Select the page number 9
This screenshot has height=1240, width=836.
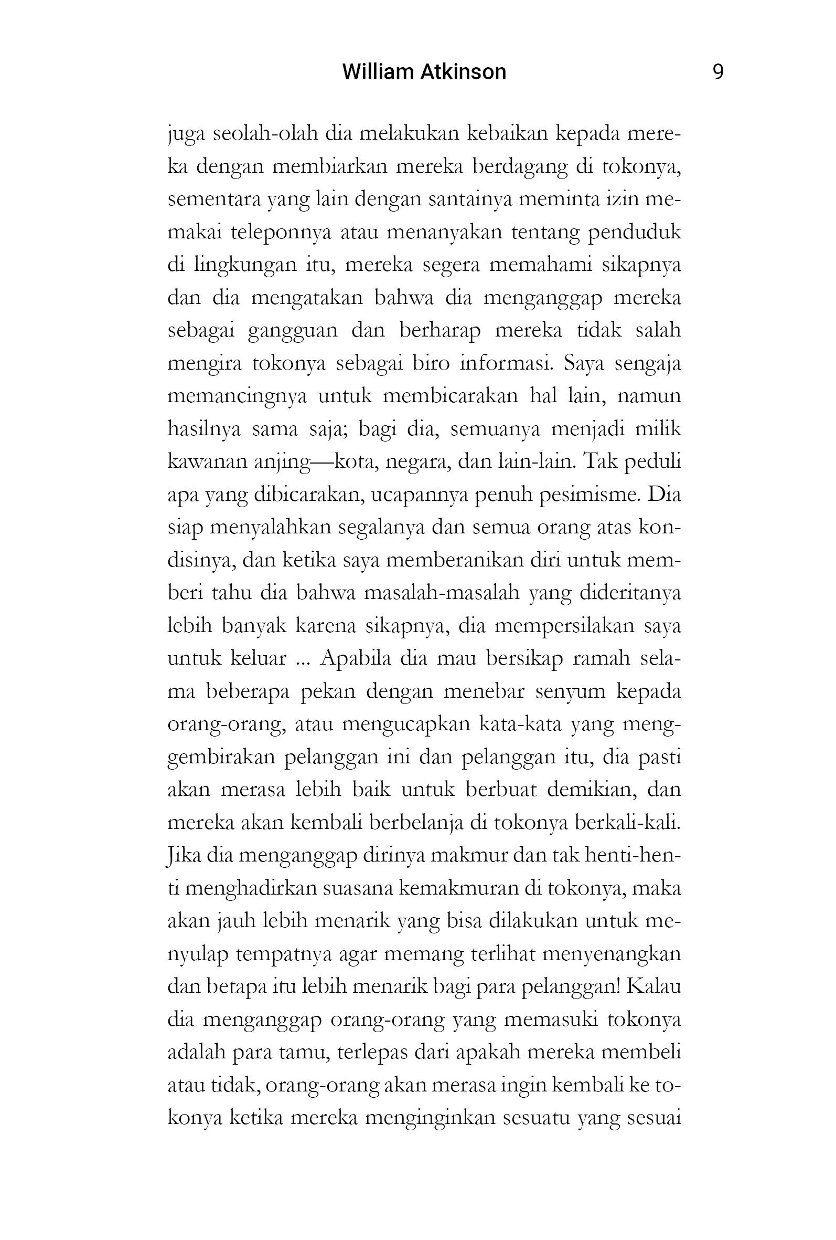pos(717,72)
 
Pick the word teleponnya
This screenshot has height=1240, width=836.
pos(281,233)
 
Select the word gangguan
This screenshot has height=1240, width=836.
pos(293,331)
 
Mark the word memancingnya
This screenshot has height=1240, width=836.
pos(237,397)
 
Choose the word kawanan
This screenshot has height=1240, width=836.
pos(206,462)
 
